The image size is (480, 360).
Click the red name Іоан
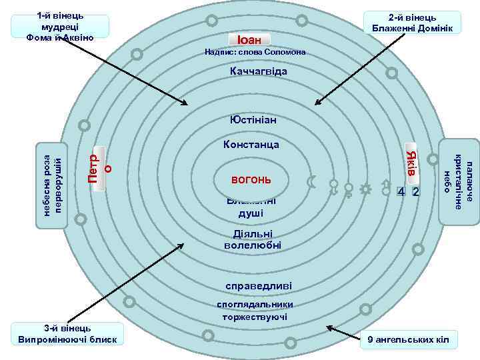(x=249, y=39)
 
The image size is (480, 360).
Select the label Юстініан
(x=253, y=121)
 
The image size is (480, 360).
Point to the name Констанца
(x=251, y=144)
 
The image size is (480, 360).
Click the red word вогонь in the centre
(x=251, y=180)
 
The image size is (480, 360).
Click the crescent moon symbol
(x=310, y=181)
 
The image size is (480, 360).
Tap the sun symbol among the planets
(x=365, y=189)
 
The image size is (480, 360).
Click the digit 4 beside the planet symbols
(x=401, y=192)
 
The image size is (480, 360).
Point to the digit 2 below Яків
(x=415, y=192)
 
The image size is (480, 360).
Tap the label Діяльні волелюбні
(x=253, y=240)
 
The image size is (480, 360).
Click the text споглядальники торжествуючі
(x=255, y=311)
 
